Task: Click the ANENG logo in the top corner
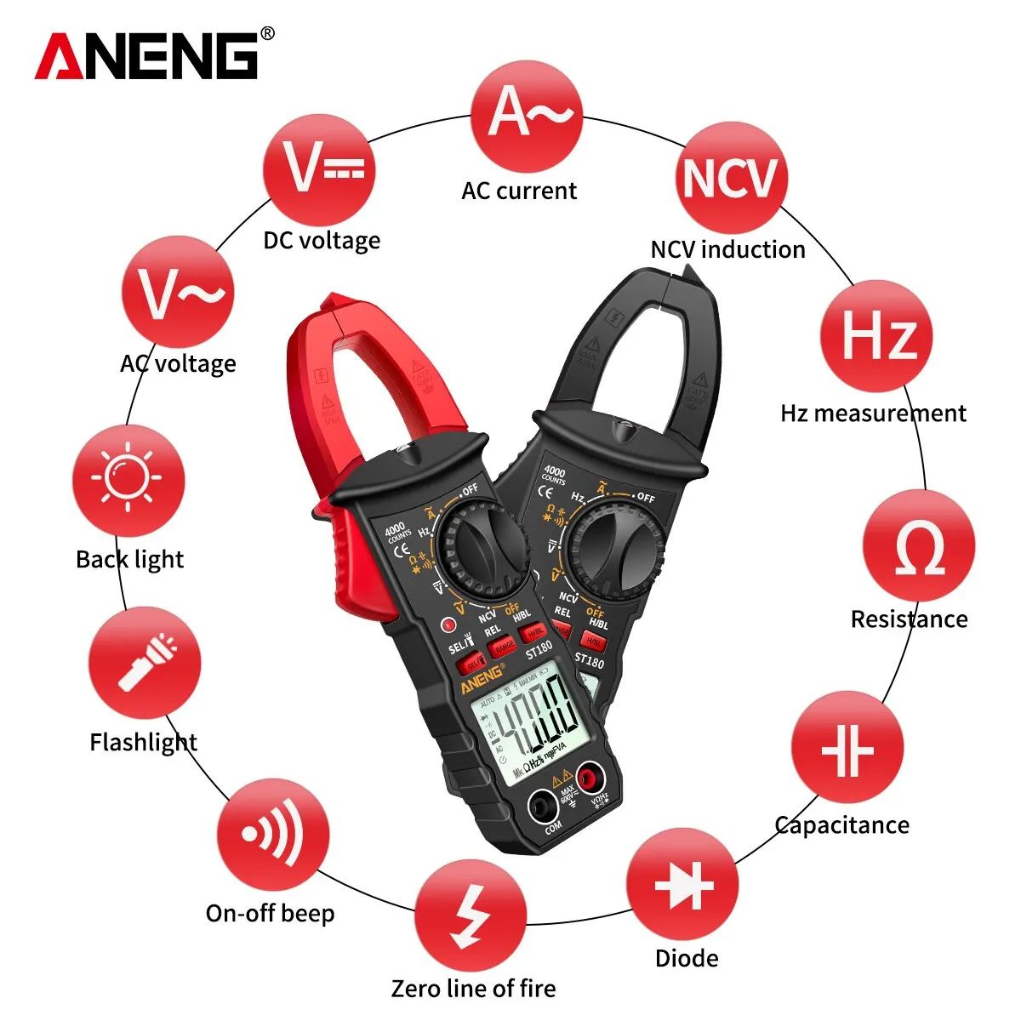pyautogui.click(x=146, y=56)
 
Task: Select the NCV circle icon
pyautogui.click(x=730, y=177)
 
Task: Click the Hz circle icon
pyautogui.click(x=876, y=336)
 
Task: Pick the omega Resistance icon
pyautogui.click(x=919, y=546)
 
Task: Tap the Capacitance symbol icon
pyautogui.click(x=847, y=747)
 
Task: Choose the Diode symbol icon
pyautogui.click(x=683, y=885)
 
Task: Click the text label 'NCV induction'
pyautogui.click(x=727, y=249)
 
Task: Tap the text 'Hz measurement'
pyautogui.click(x=873, y=414)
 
